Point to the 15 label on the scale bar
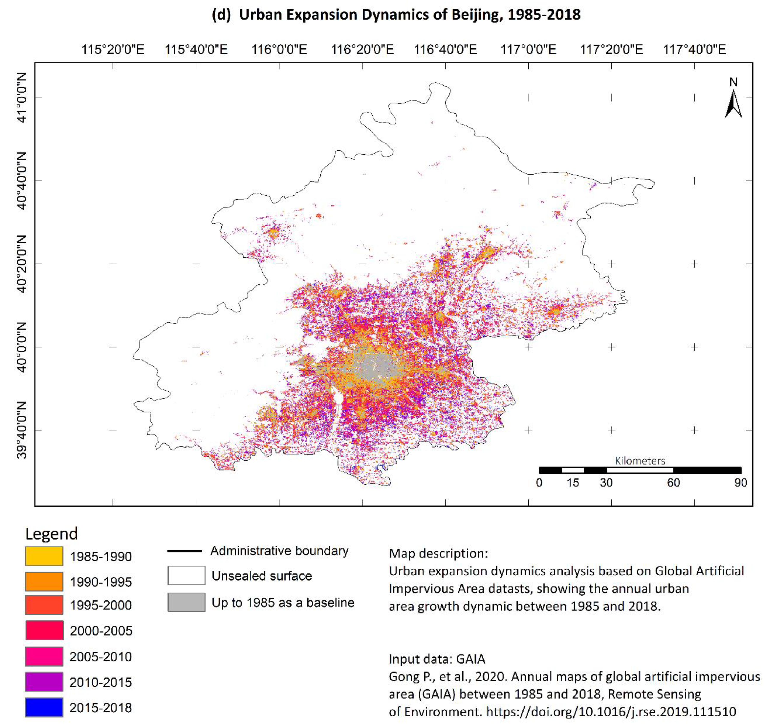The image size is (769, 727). (x=573, y=483)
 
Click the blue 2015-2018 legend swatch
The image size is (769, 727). (x=44, y=707)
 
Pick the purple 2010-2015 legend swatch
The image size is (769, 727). (x=44, y=682)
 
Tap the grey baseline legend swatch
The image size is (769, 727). (x=186, y=602)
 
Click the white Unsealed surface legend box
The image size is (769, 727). (x=186, y=575)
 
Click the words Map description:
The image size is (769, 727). (x=438, y=553)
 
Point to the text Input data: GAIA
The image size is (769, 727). (x=437, y=659)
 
